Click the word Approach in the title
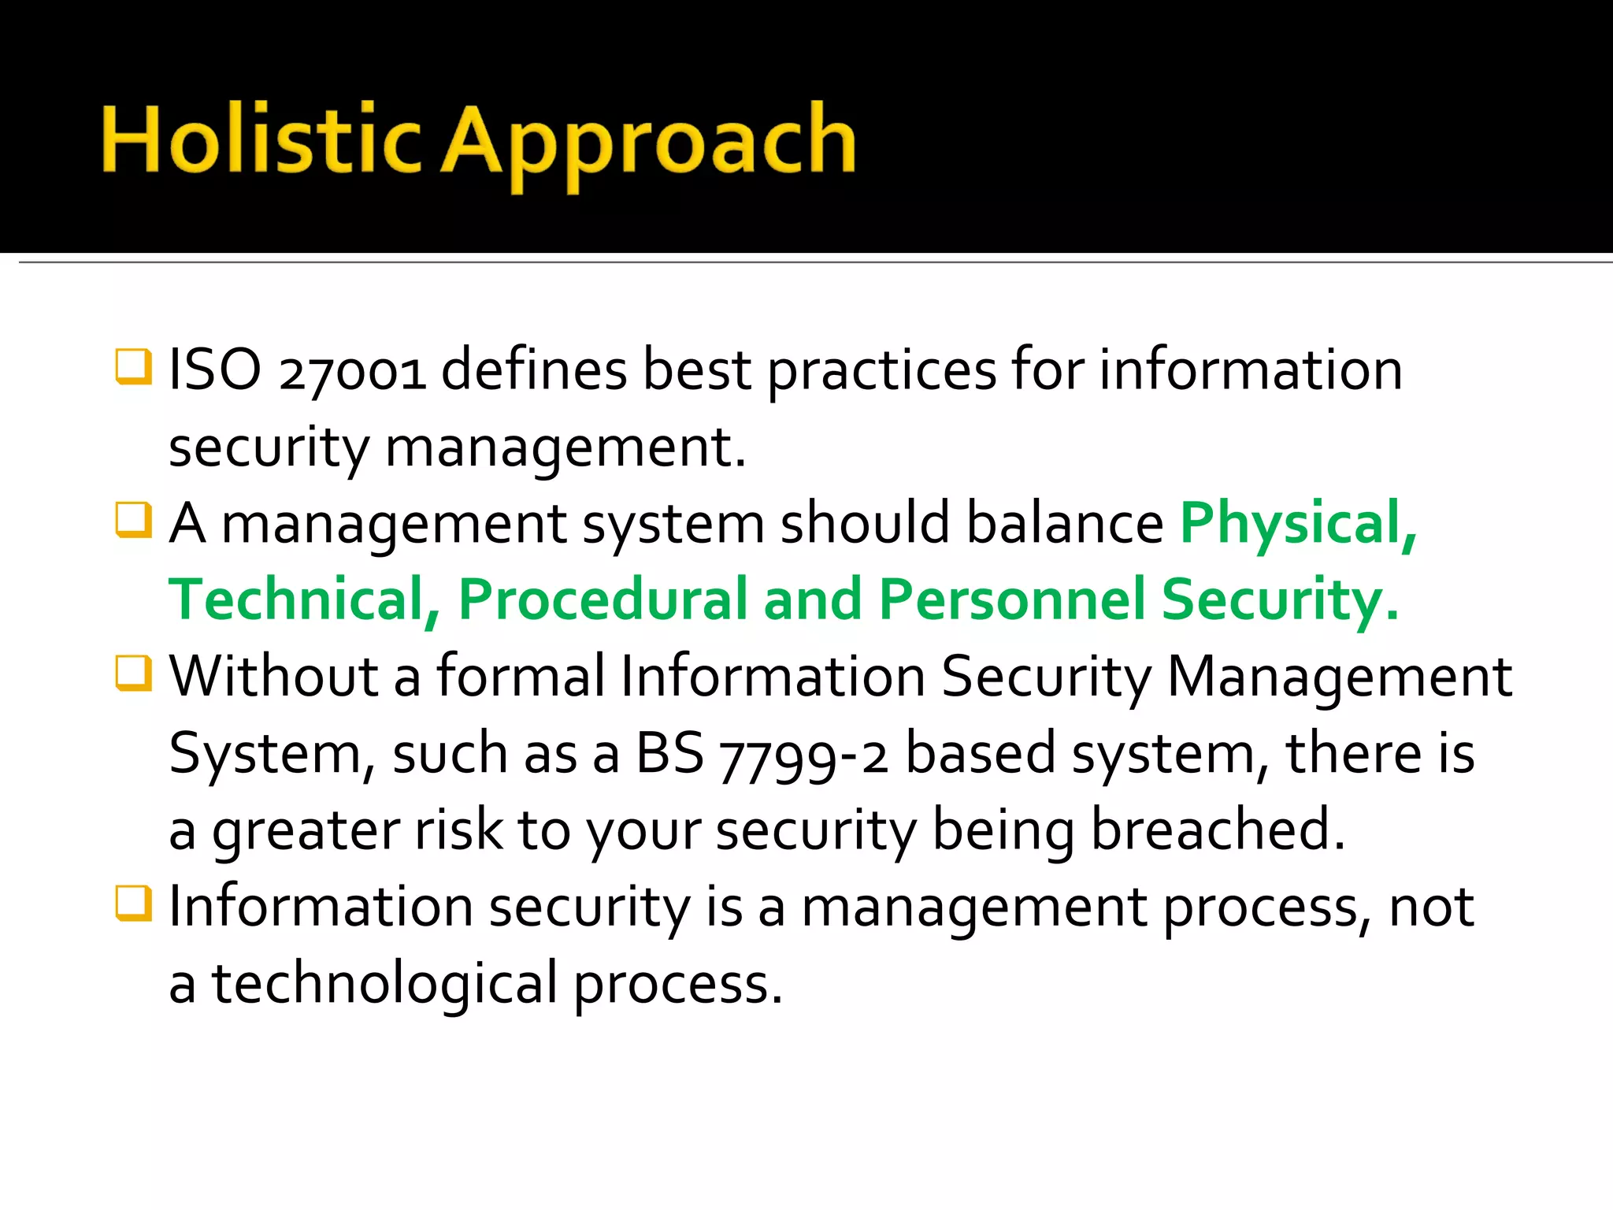pyautogui.click(x=649, y=146)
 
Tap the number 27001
pyautogui.click(x=352, y=373)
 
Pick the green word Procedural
pyautogui.click(x=603, y=599)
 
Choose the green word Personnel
pyautogui.click(x=1011, y=599)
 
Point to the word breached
pyautogui.click(x=1218, y=829)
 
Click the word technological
pyautogui.click(x=385, y=985)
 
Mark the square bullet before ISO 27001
pyautogui.click(x=133, y=366)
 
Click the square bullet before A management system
pyautogui.click(x=133, y=520)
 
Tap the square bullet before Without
pyautogui.click(x=133, y=673)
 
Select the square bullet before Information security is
pyautogui.click(x=133, y=904)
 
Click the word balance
pyautogui.click(x=1065, y=523)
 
